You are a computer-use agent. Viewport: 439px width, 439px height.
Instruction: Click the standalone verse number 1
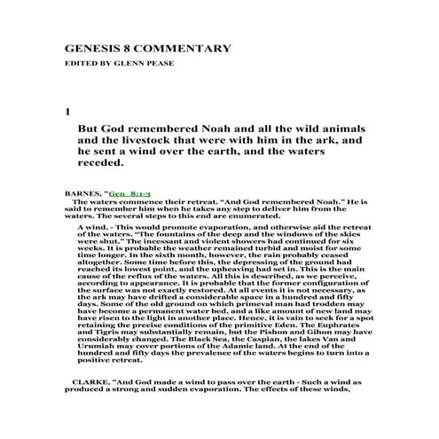click(x=67, y=113)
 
